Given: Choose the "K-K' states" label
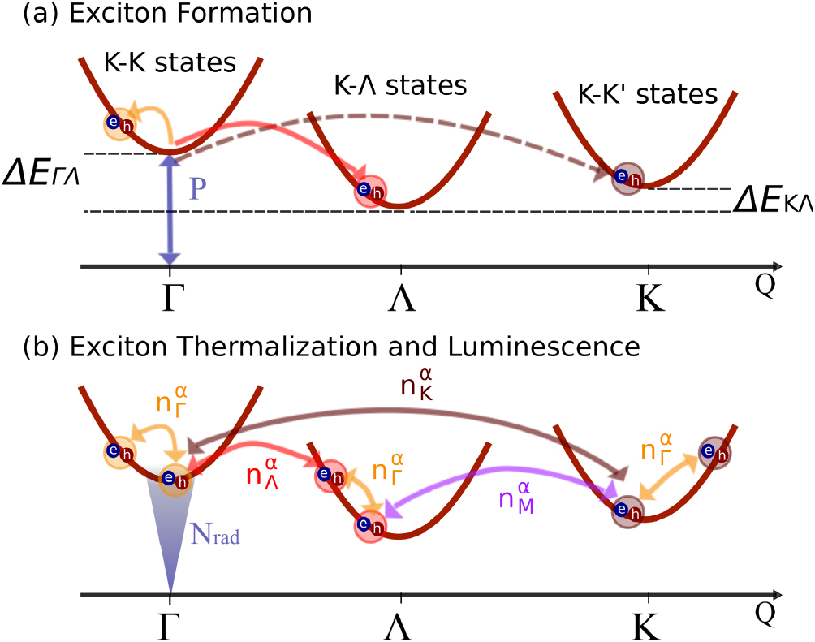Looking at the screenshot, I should click(648, 96).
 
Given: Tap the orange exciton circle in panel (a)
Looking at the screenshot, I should click(118, 123).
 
